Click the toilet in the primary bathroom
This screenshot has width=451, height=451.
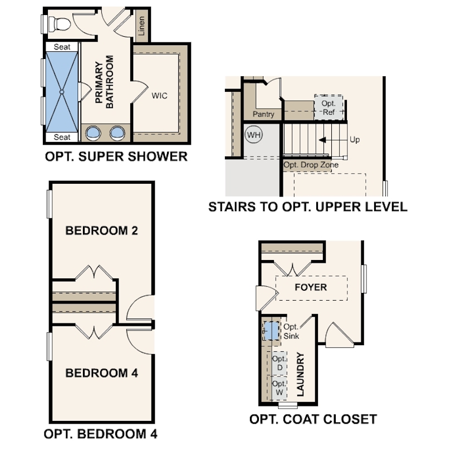pos(59,23)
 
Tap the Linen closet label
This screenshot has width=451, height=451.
pos(141,26)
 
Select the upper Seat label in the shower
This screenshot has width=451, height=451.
pos(62,47)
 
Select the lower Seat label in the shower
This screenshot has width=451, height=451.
pos(62,137)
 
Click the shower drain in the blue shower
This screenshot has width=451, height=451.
pos(62,92)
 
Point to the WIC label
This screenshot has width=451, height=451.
pos(159,96)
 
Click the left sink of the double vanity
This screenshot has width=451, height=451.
pos(93,133)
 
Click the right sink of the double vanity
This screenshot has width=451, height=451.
pos(117,133)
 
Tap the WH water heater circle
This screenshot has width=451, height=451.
pos(253,135)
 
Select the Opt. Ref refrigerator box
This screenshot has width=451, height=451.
pos(329,107)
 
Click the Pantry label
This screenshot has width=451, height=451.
pos(263,114)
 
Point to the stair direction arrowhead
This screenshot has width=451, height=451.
pos(322,140)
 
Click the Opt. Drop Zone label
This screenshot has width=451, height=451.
pos(311,165)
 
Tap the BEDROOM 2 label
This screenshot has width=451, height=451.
pos(101,231)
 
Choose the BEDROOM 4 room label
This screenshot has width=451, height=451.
pos(101,373)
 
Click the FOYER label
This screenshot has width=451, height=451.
pos(311,287)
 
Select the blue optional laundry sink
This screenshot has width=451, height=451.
pos(272,331)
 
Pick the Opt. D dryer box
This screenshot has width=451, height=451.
pos(280,363)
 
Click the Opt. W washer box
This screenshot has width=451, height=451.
pos(280,388)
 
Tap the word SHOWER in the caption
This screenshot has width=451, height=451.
pos(158,156)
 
